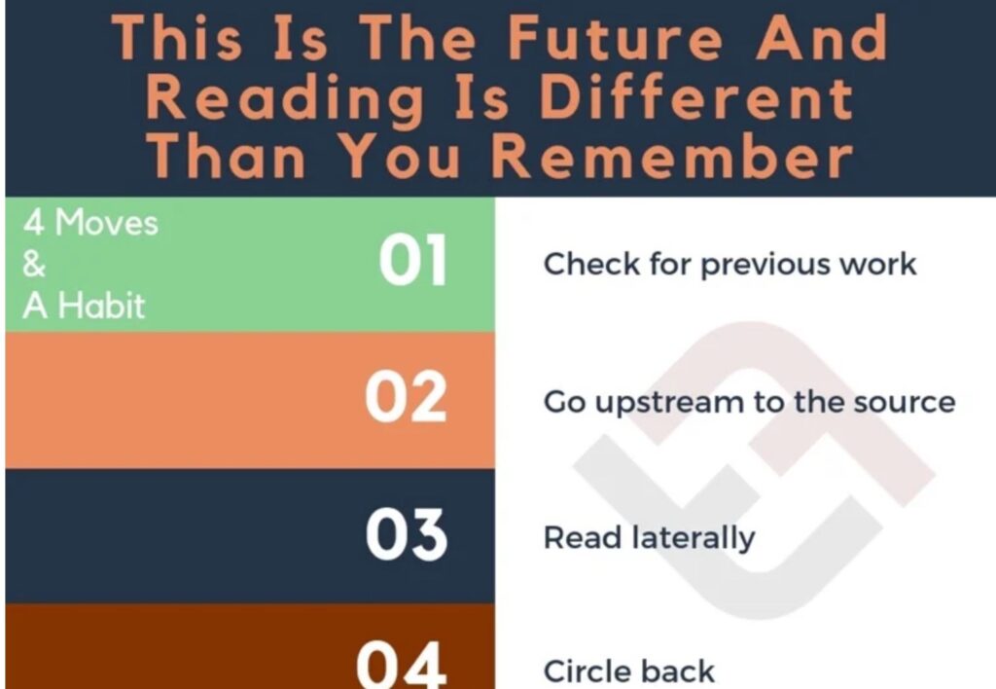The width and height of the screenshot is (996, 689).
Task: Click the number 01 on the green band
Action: coord(412,259)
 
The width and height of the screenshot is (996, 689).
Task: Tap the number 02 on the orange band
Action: coord(406,396)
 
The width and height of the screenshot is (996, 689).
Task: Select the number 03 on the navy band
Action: coord(407,534)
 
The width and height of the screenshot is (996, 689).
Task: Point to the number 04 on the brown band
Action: coord(402,665)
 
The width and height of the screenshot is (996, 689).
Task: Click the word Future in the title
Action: coord(616,38)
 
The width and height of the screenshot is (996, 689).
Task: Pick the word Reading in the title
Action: coord(286,98)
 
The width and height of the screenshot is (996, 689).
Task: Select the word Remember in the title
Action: coord(672,155)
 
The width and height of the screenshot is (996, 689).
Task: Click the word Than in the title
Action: coord(227,155)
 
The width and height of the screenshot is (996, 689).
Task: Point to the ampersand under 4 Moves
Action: coord(34,265)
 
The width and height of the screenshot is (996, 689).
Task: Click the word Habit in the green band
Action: coord(102,306)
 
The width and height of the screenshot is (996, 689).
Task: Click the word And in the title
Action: coord(821,38)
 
